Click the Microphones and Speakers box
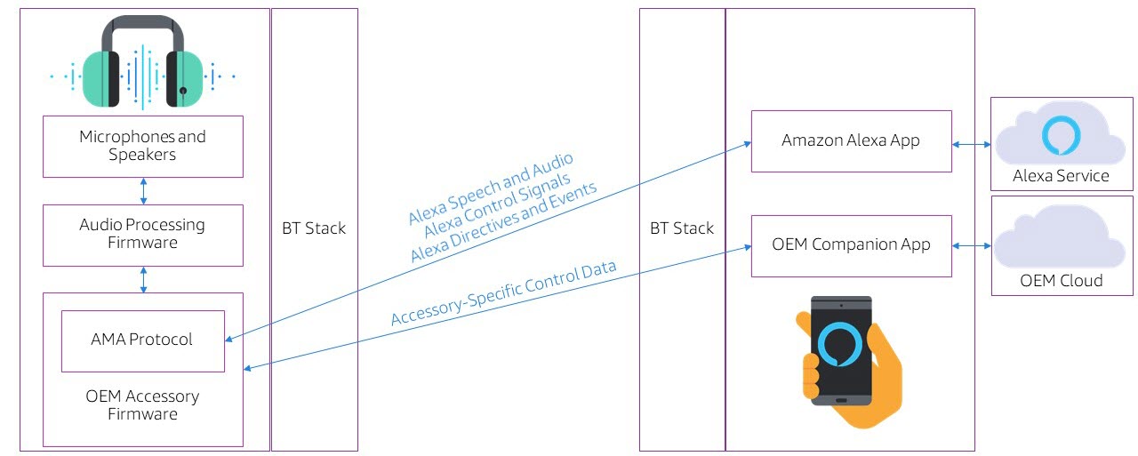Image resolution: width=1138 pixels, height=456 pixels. pyautogui.click(x=142, y=146)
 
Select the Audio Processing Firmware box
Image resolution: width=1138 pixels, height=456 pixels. pyautogui.click(x=142, y=235)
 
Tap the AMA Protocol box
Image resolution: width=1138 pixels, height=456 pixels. pyautogui.click(x=142, y=340)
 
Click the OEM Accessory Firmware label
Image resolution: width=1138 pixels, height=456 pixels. pyautogui.click(x=142, y=405)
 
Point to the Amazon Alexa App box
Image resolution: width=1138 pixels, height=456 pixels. pyautogui.click(x=851, y=140)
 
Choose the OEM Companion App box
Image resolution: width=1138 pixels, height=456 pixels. pyautogui.click(x=851, y=244)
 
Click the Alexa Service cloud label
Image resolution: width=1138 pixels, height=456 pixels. pyautogui.click(x=1061, y=176)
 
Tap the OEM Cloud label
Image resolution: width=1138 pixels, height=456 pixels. pyautogui.click(x=1061, y=281)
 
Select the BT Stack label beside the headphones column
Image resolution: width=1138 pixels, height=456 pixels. pyautogui.click(x=313, y=228)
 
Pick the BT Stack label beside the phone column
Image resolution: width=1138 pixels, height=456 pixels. pyautogui.click(x=681, y=228)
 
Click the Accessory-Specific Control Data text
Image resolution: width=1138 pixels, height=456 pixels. pyautogui.click(x=503, y=293)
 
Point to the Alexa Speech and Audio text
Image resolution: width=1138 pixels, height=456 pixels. pyautogui.click(x=490, y=188)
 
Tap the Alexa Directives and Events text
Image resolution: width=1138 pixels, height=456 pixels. pyautogui.click(x=503, y=224)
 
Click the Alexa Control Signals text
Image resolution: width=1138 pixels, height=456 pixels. pyautogui.click(x=498, y=205)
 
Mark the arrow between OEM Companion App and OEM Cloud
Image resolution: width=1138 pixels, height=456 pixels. pyautogui.click(x=971, y=245)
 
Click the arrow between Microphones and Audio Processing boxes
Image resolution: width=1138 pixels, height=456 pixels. pyautogui.click(x=143, y=191)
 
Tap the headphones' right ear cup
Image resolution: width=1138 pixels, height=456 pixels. pyautogui.click(x=185, y=77)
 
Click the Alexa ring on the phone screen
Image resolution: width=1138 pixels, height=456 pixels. pyautogui.click(x=840, y=345)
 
